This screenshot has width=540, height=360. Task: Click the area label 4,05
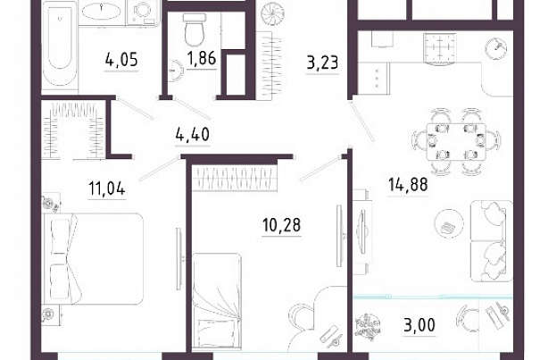[x=121, y=60]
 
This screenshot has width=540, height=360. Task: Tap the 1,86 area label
[x=202, y=58]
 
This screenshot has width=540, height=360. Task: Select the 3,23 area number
[x=323, y=63]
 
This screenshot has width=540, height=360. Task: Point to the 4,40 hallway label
[x=193, y=134]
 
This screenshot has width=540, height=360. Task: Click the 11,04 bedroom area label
[x=107, y=188]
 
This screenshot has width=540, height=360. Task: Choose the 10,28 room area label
[x=282, y=225]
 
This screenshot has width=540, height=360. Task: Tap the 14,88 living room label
[x=408, y=185]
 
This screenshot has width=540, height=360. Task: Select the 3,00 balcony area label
[x=420, y=324]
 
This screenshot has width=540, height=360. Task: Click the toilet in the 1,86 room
[x=195, y=30]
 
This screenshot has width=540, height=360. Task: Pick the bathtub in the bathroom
[x=60, y=46]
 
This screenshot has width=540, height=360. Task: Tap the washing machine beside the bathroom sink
[x=144, y=13]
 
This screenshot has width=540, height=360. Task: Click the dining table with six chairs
[x=456, y=141]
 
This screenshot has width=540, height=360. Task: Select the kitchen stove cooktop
[x=439, y=48]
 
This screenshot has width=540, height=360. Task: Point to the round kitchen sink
[x=496, y=48]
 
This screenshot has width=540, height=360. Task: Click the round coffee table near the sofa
[x=448, y=223]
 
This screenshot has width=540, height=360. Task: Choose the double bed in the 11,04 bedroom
[x=92, y=259]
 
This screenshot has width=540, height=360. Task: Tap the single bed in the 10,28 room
[x=216, y=300]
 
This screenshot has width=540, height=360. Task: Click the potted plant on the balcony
[x=368, y=325]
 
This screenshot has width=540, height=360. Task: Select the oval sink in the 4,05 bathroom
[x=101, y=12]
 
